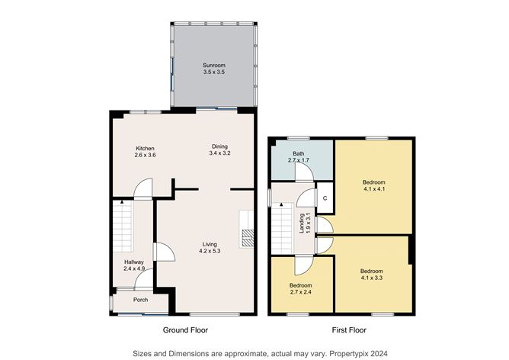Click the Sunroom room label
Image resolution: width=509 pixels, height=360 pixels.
[214, 66]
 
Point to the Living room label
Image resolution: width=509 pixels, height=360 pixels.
[210, 245]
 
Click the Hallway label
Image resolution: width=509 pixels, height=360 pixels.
[133, 262]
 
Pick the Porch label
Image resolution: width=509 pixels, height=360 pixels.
[140, 299]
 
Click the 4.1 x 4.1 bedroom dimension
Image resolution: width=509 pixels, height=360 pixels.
[373, 189]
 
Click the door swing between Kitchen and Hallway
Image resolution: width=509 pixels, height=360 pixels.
[142, 188]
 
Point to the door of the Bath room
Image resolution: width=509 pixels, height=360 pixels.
[305, 172]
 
